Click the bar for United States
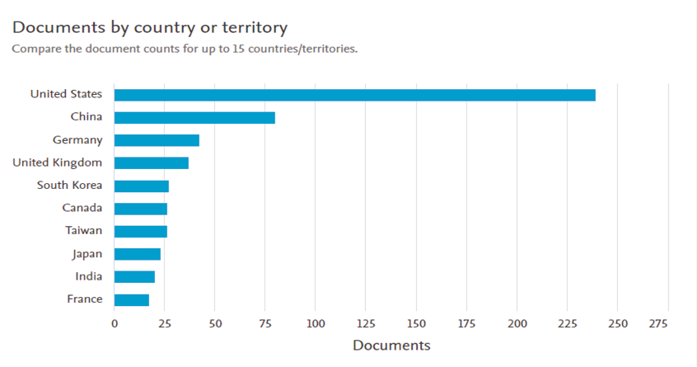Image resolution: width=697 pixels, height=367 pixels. point(354,95)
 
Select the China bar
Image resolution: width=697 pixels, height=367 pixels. point(194,117)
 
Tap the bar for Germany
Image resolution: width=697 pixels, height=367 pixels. point(157,140)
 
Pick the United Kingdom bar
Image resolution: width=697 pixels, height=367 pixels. point(152,162)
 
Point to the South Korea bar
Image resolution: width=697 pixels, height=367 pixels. point(142,186)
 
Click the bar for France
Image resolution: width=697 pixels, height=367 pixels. point(132,299)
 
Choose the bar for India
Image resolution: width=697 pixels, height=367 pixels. point(134,276)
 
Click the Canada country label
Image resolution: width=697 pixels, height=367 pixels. point(82,208)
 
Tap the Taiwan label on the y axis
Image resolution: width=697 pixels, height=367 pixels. point(84,231)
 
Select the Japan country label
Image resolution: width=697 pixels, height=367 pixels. point(87,254)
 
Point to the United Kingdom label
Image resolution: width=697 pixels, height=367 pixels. point(58,162)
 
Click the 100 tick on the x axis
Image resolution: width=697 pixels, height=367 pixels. point(316,323)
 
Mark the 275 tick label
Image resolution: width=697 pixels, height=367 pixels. point(658,323)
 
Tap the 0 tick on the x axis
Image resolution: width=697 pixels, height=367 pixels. point(115,323)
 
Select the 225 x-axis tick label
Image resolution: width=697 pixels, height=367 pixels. point(578,323)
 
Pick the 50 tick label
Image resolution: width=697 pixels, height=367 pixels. point(214,323)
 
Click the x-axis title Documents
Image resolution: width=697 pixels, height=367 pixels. point(391,345)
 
